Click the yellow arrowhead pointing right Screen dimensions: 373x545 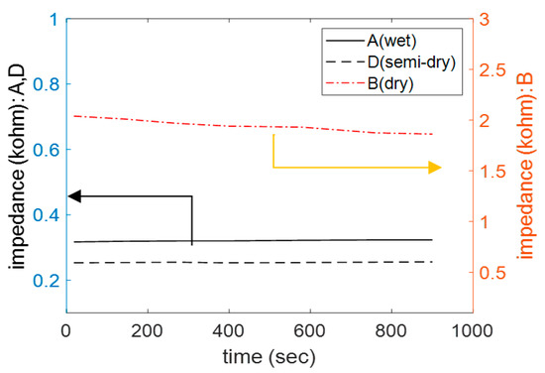click(x=435, y=168)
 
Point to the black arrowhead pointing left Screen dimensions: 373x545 click(x=72, y=196)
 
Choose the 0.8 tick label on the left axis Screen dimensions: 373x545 click(x=44, y=83)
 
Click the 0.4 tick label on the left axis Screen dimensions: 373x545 click(x=44, y=214)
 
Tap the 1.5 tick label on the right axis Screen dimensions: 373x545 click(x=491, y=171)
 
